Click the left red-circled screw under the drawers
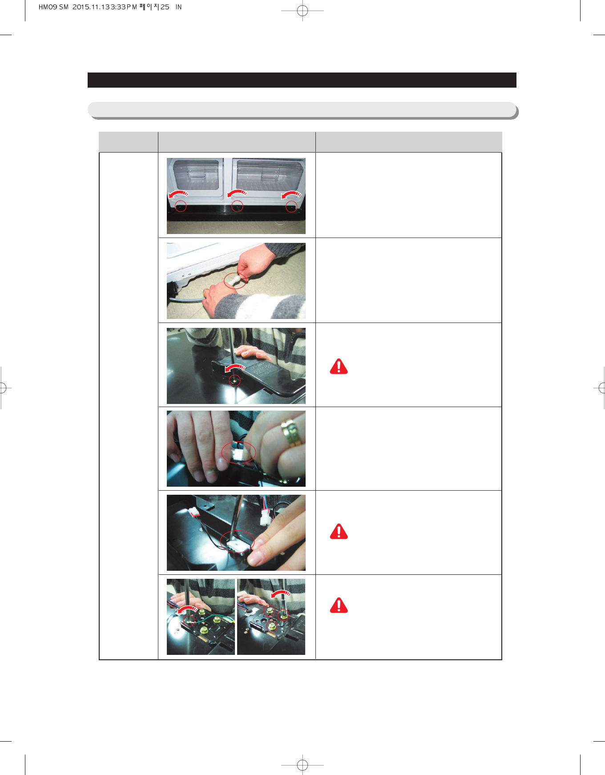coord(181,206)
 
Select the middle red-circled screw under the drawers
coord(237,206)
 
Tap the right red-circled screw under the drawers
coord(291,206)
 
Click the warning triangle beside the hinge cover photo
coord(339,367)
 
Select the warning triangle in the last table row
coord(339,605)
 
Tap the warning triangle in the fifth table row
coord(339,532)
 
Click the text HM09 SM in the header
coord(53,7)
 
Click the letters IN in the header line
coord(178,7)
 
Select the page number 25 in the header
coord(165,7)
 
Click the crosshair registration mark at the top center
coord(302,11)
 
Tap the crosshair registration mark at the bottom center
coord(302,765)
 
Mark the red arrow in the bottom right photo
coord(281,595)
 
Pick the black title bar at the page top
coord(302,80)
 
